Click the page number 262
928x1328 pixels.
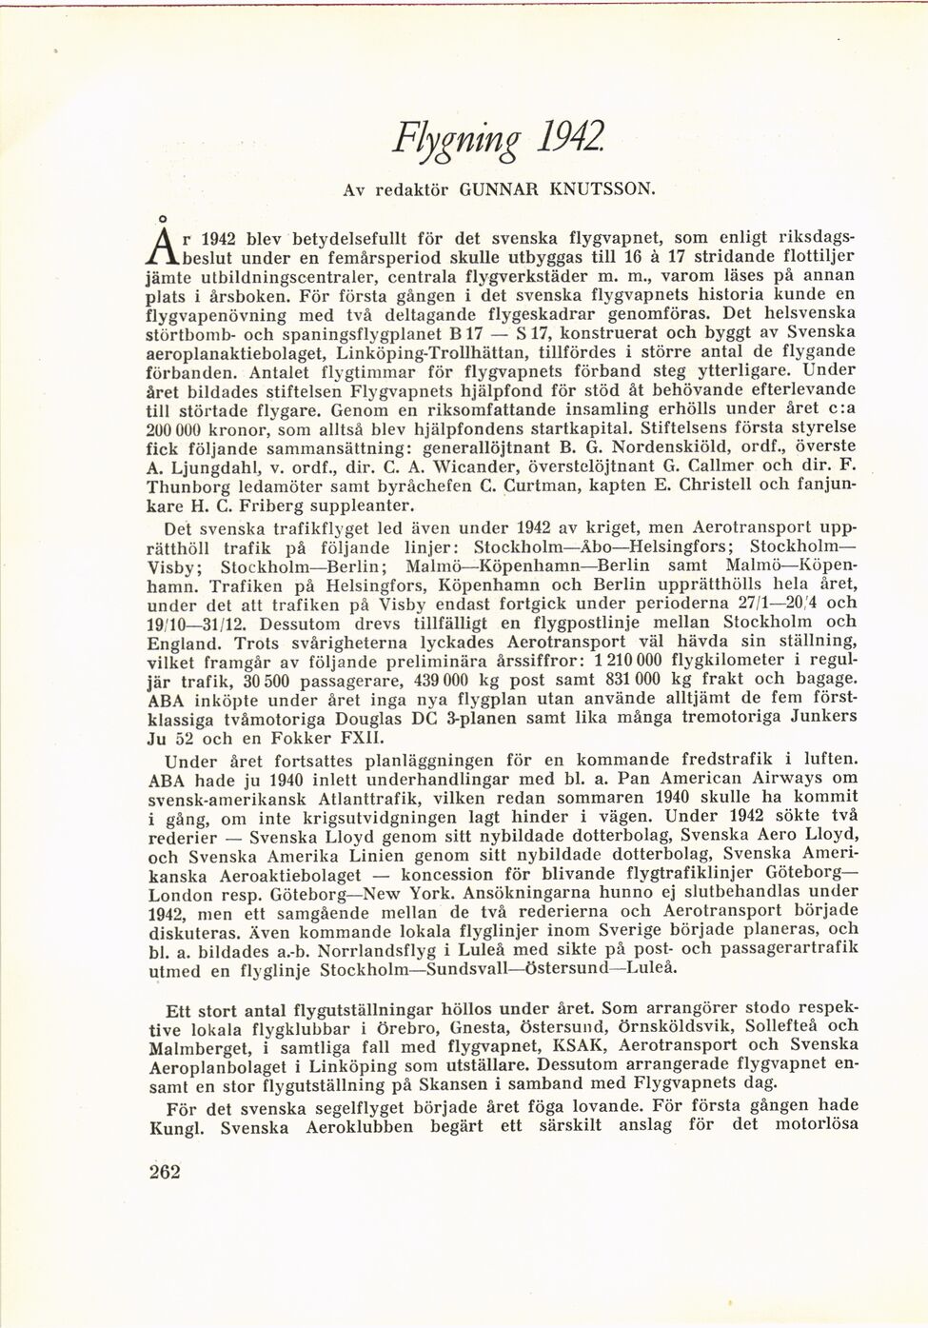coord(165,1172)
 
